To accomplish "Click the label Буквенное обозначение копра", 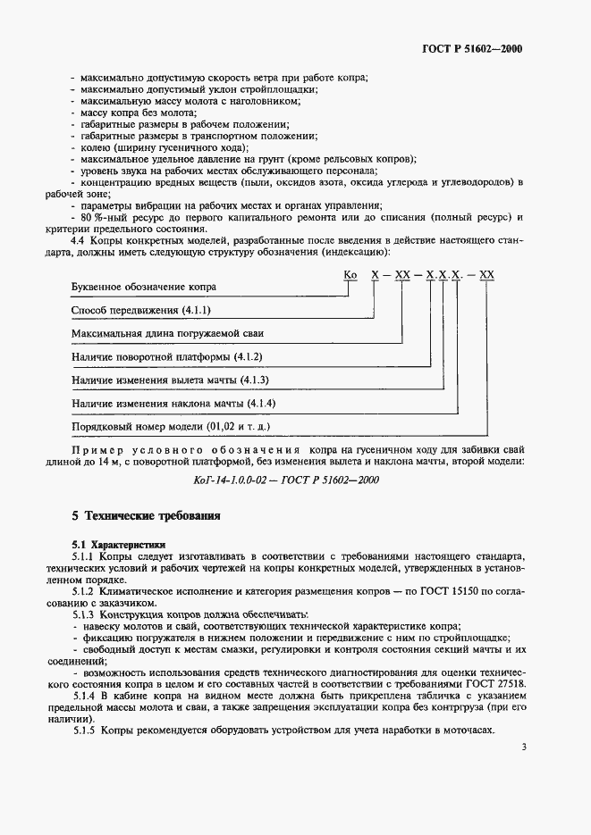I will point(143,287).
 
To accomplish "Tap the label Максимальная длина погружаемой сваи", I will point(167,333).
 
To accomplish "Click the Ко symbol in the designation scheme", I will point(350,275).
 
